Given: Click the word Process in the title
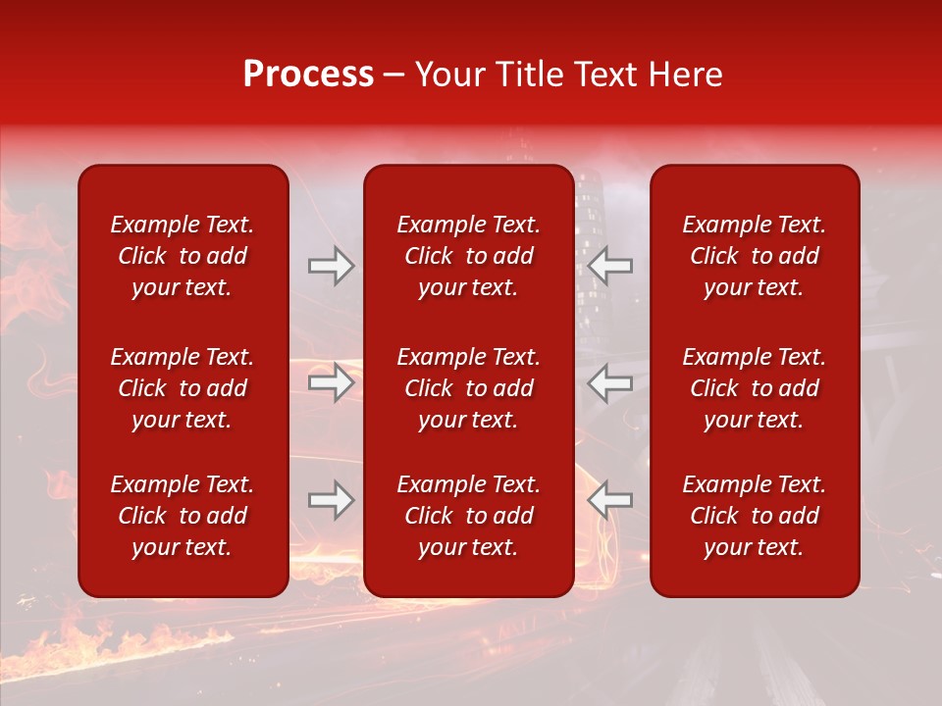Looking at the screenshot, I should pyautogui.click(x=308, y=75).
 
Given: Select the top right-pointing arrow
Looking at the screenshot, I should pyautogui.click(x=332, y=266).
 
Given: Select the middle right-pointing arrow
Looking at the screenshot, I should pyautogui.click(x=332, y=382).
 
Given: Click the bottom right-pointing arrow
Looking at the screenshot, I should pyautogui.click(x=332, y=500).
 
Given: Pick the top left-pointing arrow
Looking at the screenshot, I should pyautogui.click(x=609, y=266).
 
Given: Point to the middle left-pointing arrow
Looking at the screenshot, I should pyautogui.click(x=609, y=382).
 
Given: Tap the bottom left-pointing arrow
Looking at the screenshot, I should pyautogui.click(x=609, y=500).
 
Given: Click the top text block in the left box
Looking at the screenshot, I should pyautogui.click(x=183, y=256).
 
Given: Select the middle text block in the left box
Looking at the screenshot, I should pyautogui.click(x=183, y=388).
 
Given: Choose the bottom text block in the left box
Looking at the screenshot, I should pyautogui.click(x=183, y=516).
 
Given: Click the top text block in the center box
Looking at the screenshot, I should pyautogui.click(x=468, y=256).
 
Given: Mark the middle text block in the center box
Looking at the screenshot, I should pyautogui.click(x=468, y=388).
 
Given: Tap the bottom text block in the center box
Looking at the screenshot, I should pyautogui.click(x=468, y=516).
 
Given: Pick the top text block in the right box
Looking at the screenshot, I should pyautogui.click(x=754, y=256).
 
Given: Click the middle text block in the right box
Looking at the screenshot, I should pyautogui.click(x=754, y=388).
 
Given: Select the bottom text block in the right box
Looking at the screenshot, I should pyautogui.click(x=754, y=516).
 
